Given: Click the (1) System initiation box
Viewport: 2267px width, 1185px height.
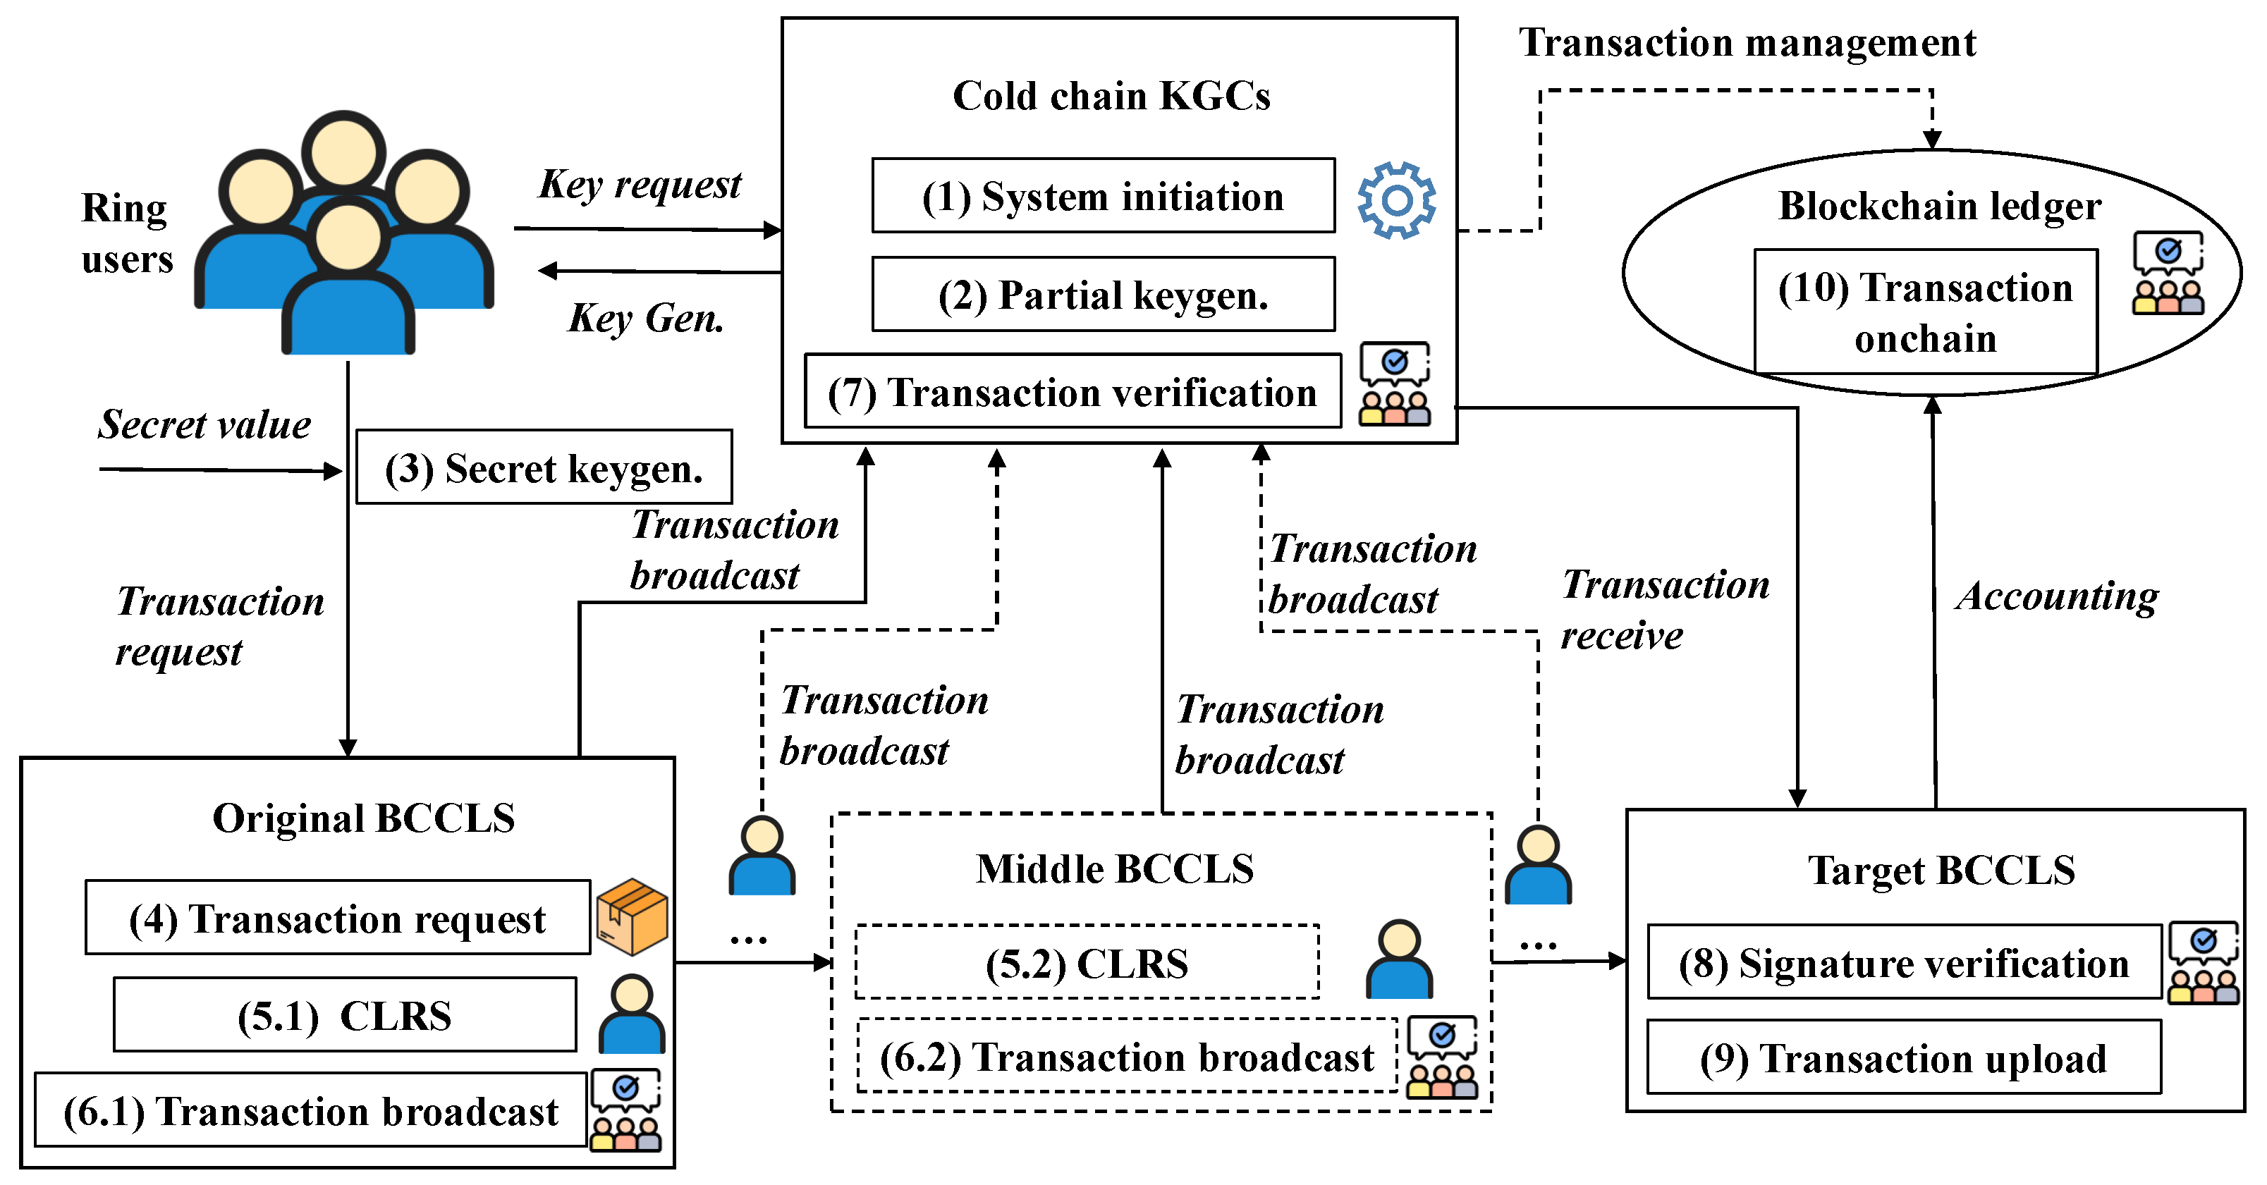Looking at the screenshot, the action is pos(1103,195).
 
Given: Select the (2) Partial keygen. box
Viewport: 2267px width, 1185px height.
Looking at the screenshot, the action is pos(1103,294).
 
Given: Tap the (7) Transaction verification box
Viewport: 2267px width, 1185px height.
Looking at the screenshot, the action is pos(1073,391).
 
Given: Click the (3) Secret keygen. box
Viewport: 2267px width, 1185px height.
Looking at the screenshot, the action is pos(544,467).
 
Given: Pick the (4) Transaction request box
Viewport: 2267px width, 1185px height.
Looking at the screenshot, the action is pos(338,918).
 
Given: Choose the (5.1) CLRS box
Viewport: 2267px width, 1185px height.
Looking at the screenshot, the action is pos(345,1014).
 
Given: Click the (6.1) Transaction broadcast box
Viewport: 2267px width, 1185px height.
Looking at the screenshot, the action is pos(311,1110).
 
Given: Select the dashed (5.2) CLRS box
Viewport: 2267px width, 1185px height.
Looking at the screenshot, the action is pos(1087,962).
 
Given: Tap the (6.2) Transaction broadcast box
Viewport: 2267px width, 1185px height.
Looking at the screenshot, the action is pos(1128,1056).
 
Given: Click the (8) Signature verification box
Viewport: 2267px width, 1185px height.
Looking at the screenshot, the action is pos(1905,962).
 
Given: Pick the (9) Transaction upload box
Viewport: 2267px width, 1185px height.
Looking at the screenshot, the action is pos(1904,1057).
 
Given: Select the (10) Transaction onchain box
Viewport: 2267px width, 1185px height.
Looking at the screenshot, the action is pos(1926,312).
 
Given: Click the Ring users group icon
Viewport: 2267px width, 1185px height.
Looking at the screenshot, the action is pos(344,232).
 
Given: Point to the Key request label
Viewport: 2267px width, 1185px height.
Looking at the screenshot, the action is pos(640,185).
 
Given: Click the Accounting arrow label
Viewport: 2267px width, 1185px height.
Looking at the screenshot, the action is pos(2058,597).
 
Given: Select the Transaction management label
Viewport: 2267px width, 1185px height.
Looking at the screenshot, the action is pos(1748,42).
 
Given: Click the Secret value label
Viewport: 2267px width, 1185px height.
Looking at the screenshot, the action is pos(204,424).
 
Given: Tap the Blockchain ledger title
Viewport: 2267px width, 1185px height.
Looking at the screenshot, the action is pos(1940,206).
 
